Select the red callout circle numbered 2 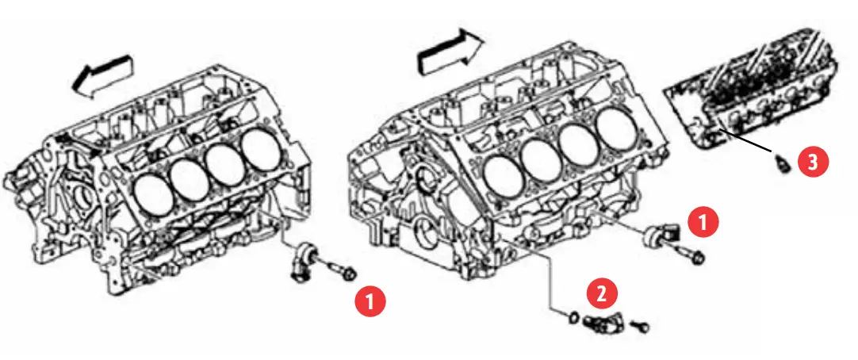pyautogui.click(x=601, y=294)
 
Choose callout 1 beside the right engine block pyautogui.click(x=703, y=223)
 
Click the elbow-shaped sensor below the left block pyautogui.click(x=304, y=262)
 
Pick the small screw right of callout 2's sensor pyautogui.click(x=642, y=324)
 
